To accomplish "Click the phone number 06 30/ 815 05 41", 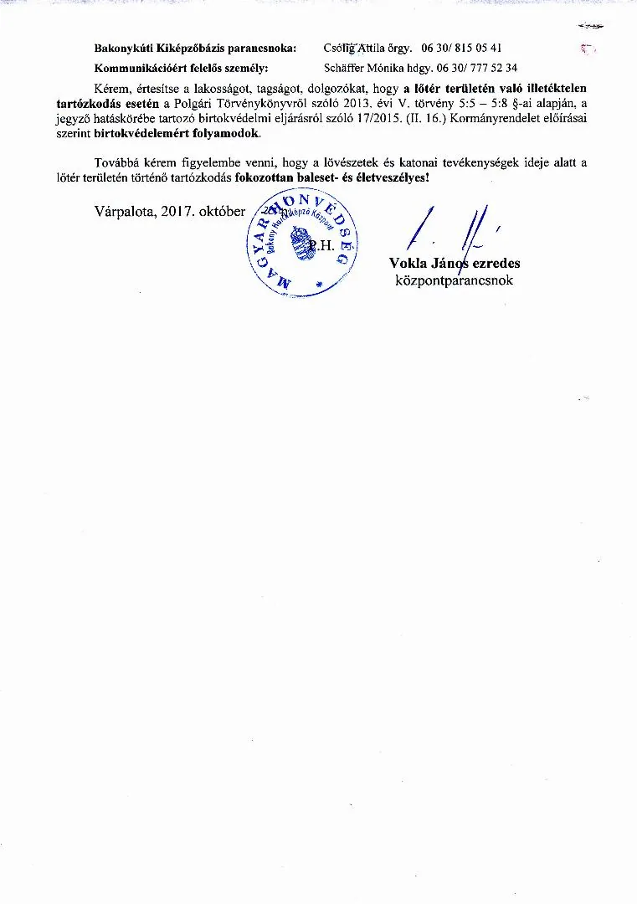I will point(461,49).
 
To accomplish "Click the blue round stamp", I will point(302,244).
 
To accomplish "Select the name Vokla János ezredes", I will point(455,264).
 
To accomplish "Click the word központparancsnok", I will point(455,280).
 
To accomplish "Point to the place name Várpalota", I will point(126,212).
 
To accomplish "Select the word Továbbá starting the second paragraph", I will point(116,162).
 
